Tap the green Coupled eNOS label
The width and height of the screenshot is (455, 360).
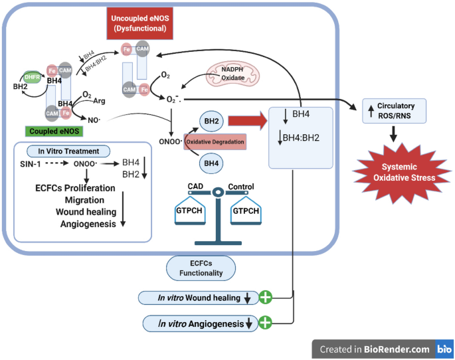(x=52, y=132)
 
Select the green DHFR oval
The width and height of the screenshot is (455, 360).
(x=33, y=77)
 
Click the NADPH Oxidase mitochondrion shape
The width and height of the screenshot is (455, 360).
(x=228, y=74)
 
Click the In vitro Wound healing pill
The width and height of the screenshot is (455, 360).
(x=197, y=298)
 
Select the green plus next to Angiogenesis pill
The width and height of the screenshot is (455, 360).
(x=266, y=323)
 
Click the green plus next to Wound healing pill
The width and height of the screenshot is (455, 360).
(x=266, y=298)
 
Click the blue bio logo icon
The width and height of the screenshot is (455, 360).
(x=444, y=349)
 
